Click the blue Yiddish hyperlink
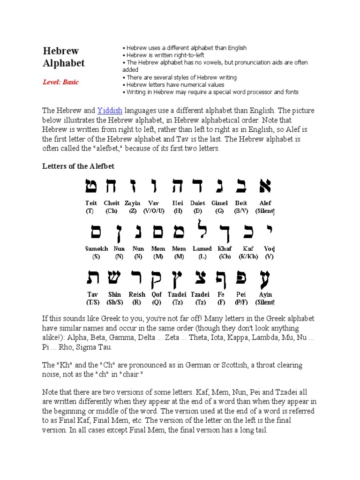coord(110,111)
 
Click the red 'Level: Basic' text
coord(61,82)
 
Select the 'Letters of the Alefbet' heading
coord(79,166)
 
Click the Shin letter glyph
coord(115,279)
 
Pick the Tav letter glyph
coord(92,279)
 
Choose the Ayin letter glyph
coord(265,280)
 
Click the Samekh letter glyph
coord(97,232)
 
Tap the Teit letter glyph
coord(91,187)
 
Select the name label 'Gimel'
coord(219,203)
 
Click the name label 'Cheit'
coord(112,203)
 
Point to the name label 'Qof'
coord(157,294)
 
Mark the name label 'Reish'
coord(137,294)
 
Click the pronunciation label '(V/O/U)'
coord(154,211)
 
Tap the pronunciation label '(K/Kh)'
coord(248,256)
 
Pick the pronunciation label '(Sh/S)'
coord(114,302)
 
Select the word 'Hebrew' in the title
coord(61,51)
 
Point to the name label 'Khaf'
coord(225,248)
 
